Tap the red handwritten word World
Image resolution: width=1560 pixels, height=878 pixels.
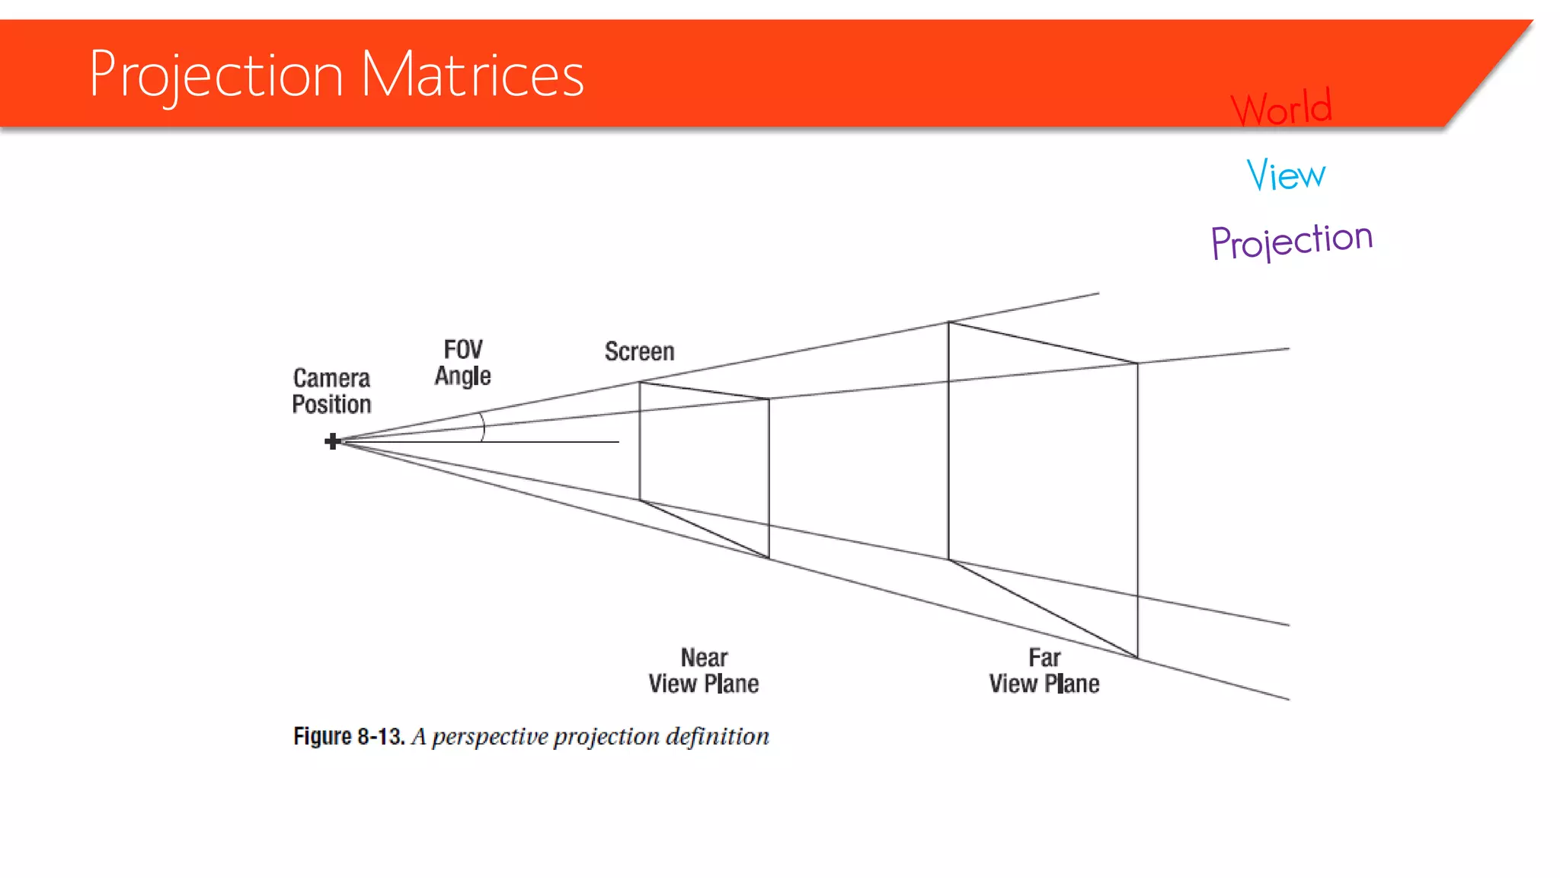[x=1281, y=107]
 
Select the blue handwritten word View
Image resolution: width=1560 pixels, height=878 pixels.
[x=1286, y=175]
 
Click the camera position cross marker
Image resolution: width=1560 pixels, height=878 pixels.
[x=332, y=441]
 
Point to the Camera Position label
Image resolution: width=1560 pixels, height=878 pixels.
[x=331, y=391]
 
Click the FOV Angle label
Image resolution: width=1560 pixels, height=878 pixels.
[x=463, y=363]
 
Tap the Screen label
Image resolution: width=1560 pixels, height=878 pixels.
[x=640, y=351]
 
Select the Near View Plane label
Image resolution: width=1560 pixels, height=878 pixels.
[x=704, y=671]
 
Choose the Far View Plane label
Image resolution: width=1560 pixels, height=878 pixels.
[x=1044, y=671]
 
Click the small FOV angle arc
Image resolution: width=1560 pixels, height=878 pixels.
[x=482, y=427]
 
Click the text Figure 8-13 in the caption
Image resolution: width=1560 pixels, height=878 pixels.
[x=349, y=736]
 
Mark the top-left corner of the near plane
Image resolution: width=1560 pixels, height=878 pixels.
[x=640, y=383]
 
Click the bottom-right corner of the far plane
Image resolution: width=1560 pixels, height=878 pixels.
[x=1137, y=657]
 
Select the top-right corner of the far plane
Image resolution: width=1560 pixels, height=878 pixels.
[x=1137, y=364]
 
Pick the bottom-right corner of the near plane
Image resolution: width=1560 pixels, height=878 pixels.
[x=769, y=558]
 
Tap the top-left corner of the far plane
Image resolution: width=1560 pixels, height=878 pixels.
[x=948, y=322]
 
